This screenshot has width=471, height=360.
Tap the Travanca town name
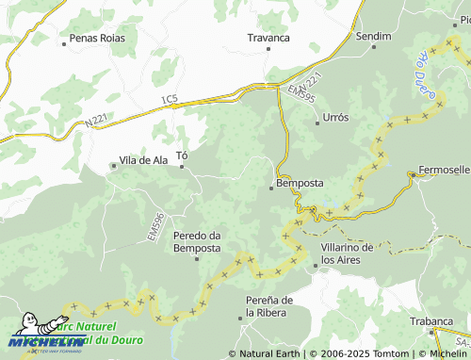tap(268, 38)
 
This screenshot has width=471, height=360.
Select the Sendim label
tap(374, 35)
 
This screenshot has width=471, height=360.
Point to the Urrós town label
tap(335, 117)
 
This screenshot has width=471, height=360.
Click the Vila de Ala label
tap(143, 160)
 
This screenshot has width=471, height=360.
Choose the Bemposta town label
tap(300, 182)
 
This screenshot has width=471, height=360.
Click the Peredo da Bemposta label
tap(197, 241)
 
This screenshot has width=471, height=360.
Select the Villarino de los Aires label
tap(348, 253)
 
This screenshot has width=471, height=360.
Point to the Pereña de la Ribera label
tap(269, 305)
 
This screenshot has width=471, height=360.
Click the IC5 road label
tap(169, 99)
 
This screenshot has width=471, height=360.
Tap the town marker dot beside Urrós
tap(317, 123)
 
